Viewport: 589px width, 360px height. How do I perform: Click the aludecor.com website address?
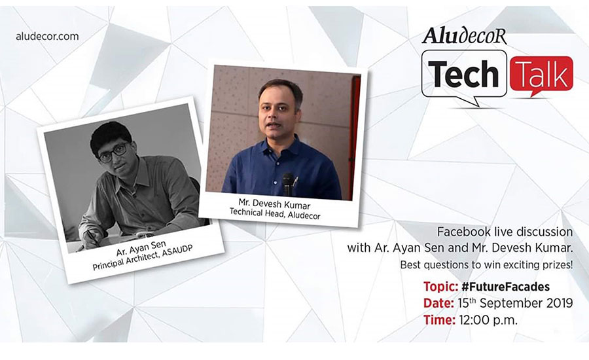47,37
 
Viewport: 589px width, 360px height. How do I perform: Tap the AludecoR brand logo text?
464,37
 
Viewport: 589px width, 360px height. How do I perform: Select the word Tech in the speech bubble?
463,74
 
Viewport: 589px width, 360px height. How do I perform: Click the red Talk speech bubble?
541,75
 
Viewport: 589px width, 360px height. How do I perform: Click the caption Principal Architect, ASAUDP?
143,258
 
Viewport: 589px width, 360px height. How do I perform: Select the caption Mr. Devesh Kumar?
274,204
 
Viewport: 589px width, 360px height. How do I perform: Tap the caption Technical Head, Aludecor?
275,214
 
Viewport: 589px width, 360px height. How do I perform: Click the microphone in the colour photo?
288,184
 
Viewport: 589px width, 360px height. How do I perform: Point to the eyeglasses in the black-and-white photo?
114,153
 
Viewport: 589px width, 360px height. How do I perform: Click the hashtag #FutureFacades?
505,287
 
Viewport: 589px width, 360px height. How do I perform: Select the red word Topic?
440,287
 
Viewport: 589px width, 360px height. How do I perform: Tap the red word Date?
438,303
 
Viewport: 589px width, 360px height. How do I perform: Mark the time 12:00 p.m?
488,320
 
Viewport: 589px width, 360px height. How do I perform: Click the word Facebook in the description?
463,232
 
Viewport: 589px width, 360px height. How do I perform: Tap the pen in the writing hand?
90,238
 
